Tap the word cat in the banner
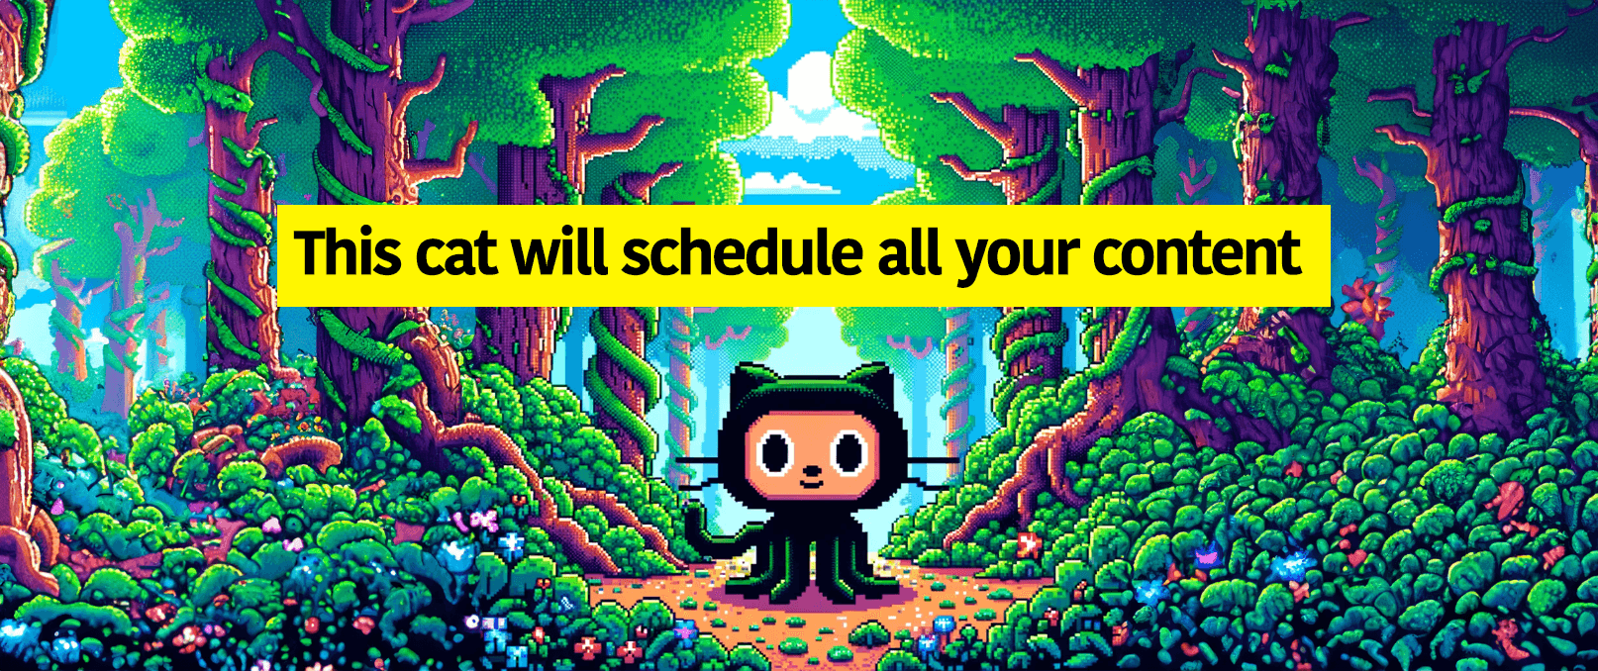click(456, 255)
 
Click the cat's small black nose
click(811, 470)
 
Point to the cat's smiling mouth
click(811, 484)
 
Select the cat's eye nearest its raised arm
click(775, 453)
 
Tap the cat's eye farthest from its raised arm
click(849, 453)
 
